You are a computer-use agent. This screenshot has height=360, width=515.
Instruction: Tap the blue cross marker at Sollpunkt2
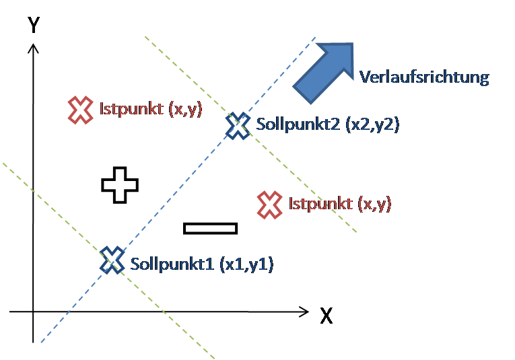[237, 125]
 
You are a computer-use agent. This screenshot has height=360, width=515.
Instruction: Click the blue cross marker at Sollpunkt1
[112, 260]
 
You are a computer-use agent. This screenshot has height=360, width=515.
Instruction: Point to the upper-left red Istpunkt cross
[80, 110]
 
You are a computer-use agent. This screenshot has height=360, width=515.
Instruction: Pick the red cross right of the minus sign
[270, 204]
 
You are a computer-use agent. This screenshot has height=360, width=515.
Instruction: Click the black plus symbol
[120, 184]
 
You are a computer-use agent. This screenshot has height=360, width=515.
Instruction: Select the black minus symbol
[211, 228]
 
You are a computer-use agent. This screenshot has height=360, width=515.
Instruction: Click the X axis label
[326, 316]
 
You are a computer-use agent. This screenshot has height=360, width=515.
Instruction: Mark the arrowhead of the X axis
[304, 312]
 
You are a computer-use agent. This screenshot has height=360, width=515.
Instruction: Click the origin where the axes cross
[33, 312]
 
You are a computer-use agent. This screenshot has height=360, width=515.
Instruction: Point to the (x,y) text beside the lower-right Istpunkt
[374, 203]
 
